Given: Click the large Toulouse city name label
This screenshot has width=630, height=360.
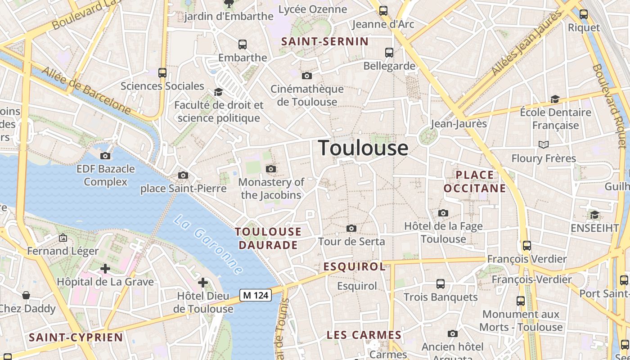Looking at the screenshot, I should coord(363,148).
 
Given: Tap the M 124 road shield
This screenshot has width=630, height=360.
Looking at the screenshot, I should coord(256,295).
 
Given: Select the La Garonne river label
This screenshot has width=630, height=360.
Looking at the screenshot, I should coord(208,245).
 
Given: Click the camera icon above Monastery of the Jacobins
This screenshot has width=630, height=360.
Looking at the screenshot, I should coord(271,169).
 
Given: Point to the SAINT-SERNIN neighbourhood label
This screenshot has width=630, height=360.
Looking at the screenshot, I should coord(325,41).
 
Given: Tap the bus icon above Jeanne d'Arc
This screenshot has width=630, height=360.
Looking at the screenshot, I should coord(383,11).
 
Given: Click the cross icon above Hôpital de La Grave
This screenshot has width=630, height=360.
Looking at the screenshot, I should coord(105,269).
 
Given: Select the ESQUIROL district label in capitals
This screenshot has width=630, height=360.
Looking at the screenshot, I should coord(355,266).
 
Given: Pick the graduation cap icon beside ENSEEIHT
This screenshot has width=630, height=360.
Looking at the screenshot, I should coord(594,215).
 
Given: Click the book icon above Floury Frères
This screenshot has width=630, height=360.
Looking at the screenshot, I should coord(544,144).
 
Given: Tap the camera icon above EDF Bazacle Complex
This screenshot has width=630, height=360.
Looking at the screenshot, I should coord(105,156).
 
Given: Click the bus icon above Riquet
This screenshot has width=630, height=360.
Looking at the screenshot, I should coord(584,14).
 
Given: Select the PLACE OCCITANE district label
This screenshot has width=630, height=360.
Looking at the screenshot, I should coord(475,181).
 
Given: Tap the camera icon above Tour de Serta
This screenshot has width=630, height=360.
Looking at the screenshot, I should coord(351,229).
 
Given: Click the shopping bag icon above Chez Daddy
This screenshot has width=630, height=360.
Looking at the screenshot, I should coord(26,295).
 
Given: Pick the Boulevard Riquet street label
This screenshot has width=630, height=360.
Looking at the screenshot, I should coord(610,106).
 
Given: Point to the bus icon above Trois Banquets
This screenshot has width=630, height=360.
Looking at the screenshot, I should coord(441,284).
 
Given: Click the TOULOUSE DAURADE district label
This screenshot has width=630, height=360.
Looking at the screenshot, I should coord(268,238).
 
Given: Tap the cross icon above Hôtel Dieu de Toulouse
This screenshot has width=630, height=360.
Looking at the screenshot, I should coord(203,283).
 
